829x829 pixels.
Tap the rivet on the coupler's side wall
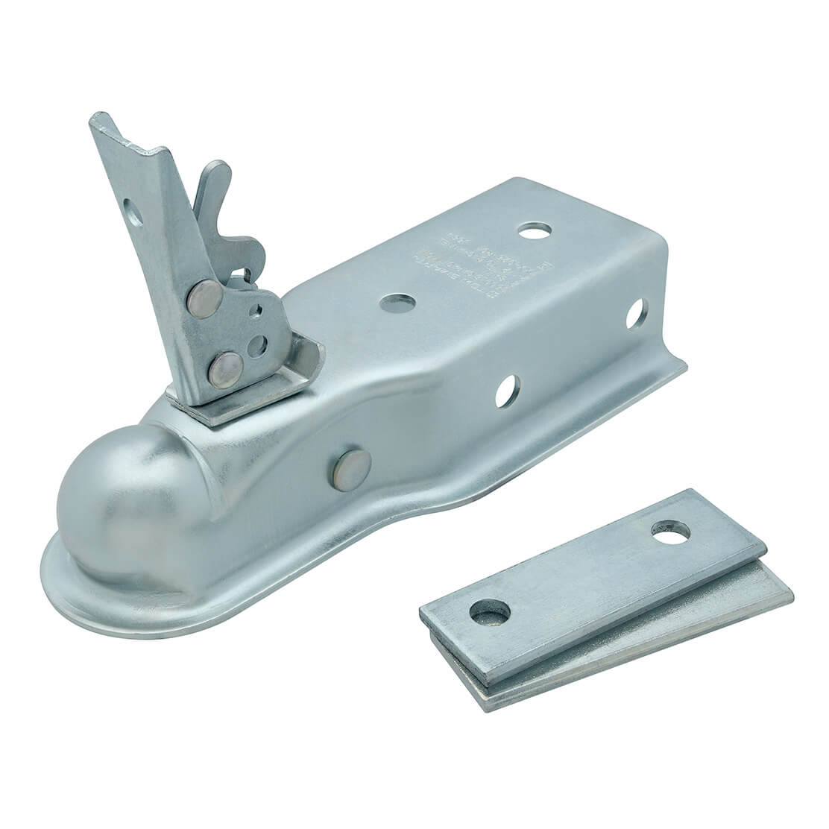tap(344, 467)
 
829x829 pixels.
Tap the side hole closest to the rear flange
tap(636, 313)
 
